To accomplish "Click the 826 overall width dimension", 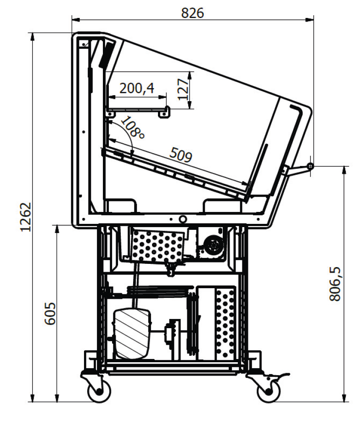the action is (192, 13).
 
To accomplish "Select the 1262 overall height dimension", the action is (26, 217).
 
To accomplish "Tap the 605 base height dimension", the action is (50, 314).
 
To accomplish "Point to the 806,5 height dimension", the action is (335, 284).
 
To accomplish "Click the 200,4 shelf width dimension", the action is (137, 88).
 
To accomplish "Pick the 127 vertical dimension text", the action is (183, 90).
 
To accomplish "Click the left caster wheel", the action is (99, 391).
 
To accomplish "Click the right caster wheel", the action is (268, 391).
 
